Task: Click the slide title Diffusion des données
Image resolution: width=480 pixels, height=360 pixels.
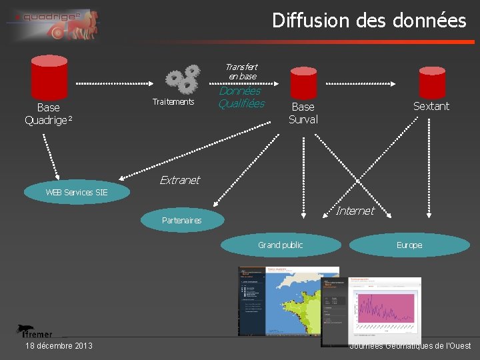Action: (x=369, y=21)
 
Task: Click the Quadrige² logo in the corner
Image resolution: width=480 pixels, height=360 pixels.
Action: (x=53, y=25)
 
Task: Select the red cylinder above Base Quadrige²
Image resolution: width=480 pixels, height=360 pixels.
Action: (x=49, y=77)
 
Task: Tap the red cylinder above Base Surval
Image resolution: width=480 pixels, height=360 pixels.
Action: (x=303, y=83)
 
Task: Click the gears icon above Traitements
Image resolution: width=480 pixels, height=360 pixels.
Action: (x=183, y=79)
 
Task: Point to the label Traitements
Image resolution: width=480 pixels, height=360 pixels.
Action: (x=173, y=102)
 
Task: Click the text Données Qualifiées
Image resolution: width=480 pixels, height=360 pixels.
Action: (x=241, y=97)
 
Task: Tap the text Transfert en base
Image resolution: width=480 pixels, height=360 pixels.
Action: (x=241, y=71)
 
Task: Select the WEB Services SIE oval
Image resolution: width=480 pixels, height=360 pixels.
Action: (x=77, y=192)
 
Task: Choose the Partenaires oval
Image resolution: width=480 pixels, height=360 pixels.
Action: (x=182, y=220)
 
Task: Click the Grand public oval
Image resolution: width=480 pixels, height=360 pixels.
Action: (x=280, y=245)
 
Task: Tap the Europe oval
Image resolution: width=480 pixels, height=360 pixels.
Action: (x=409, y=245)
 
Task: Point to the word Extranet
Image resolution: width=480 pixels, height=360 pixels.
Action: (x=179, y=180)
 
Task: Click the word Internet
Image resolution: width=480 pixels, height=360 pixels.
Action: (x=355, y=211)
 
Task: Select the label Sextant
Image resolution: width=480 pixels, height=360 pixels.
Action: (x=431, y=106)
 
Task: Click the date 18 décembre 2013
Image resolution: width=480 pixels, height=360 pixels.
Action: (x=59, y=345)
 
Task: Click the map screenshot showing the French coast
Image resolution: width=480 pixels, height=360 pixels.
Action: (x=289, y=301)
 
